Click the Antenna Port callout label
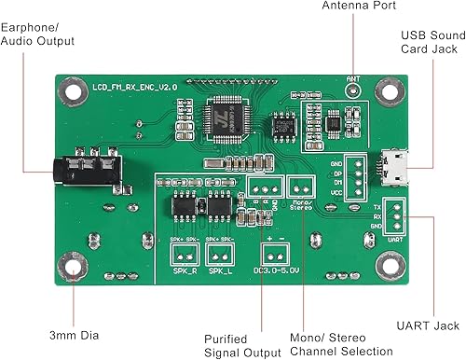click(359, 7)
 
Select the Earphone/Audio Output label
click(37, 35)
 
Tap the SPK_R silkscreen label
click(184, 271)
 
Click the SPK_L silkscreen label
click(221, 271)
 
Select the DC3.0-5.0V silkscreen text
click(275, 271)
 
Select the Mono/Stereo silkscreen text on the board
click(300, 205)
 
